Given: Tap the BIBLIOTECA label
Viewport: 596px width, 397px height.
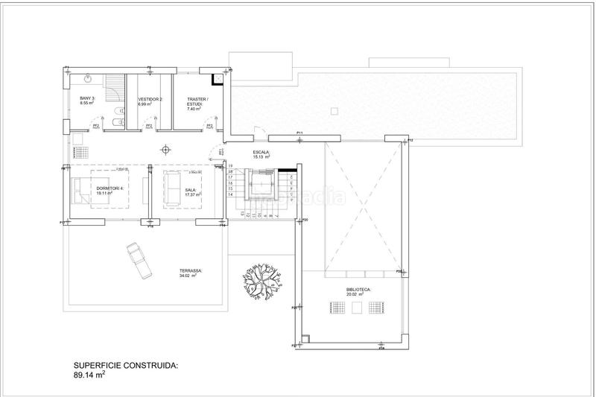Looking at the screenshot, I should pos(358,290).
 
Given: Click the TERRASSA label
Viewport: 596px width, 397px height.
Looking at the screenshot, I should pos(191,273).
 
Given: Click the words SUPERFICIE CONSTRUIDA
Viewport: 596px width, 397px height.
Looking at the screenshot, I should pos(126,366).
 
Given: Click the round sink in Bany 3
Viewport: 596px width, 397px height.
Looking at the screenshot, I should pos(88,77).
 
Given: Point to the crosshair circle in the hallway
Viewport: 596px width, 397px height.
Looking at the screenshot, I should pos(167,147).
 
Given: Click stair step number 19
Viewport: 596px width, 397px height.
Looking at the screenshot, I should pos(231,166).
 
